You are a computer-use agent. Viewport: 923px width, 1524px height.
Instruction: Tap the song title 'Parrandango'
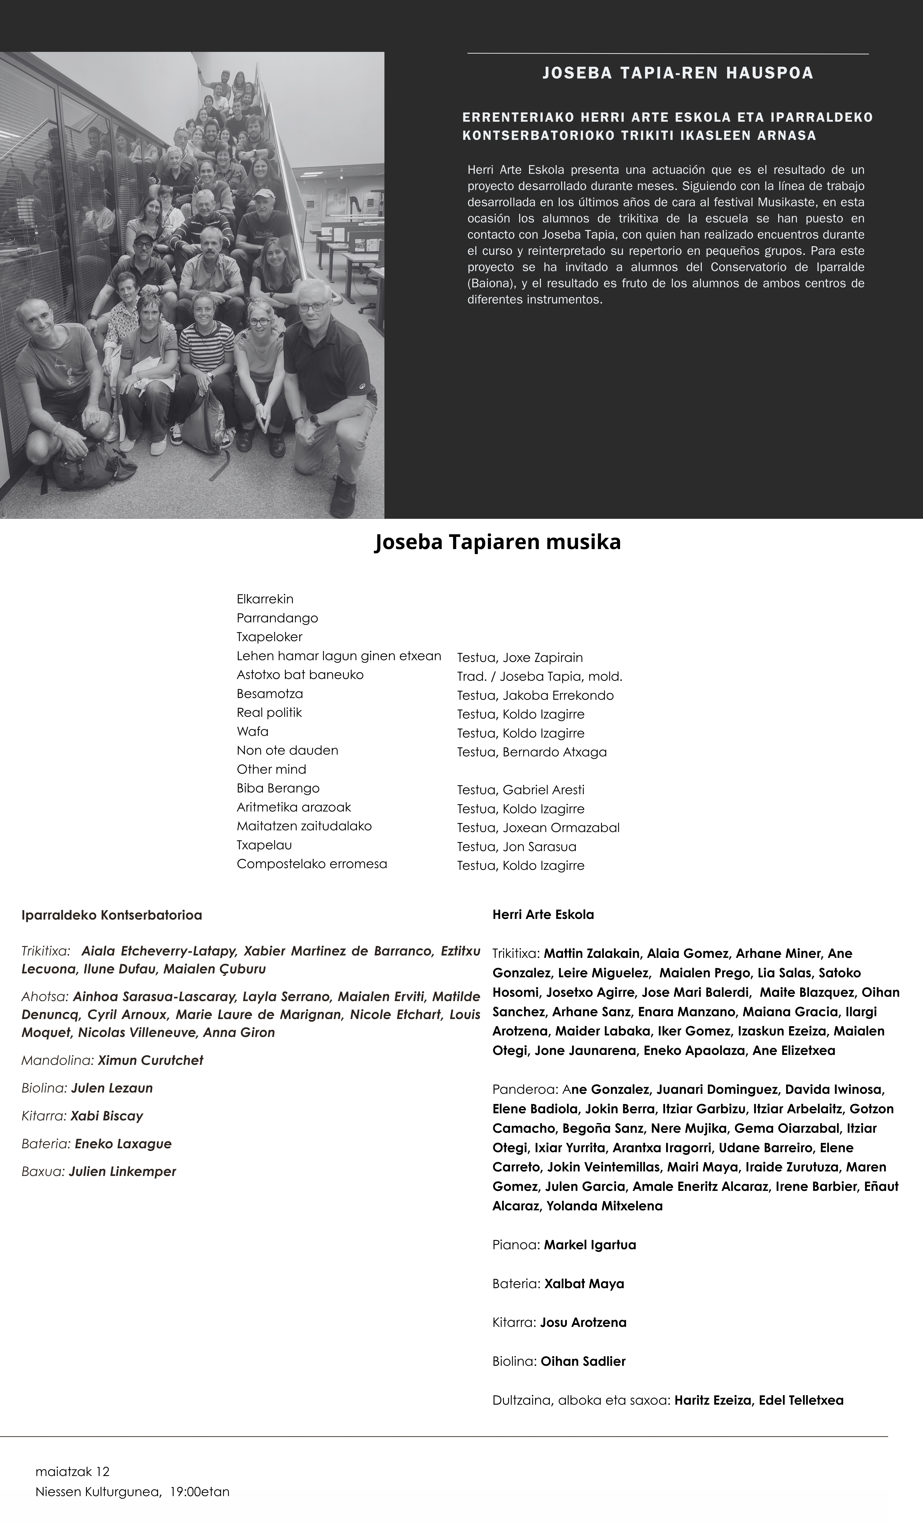(x=277, y=618)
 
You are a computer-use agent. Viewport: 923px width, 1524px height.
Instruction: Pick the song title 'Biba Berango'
(x=278, y=788)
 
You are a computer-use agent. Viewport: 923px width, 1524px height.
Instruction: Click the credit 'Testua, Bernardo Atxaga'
(x=531, y=752)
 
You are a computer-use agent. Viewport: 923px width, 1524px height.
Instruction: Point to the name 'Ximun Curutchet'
(x=150, y=1060)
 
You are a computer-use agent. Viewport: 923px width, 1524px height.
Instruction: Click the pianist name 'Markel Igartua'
(x=590, y=1244)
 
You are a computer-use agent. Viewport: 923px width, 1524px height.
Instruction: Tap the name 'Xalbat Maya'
(x=584, y=1283)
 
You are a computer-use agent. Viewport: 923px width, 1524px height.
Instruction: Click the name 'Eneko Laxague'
(x=123, y=1144)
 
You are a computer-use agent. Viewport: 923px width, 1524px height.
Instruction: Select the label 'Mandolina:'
(x=58, y=1060)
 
